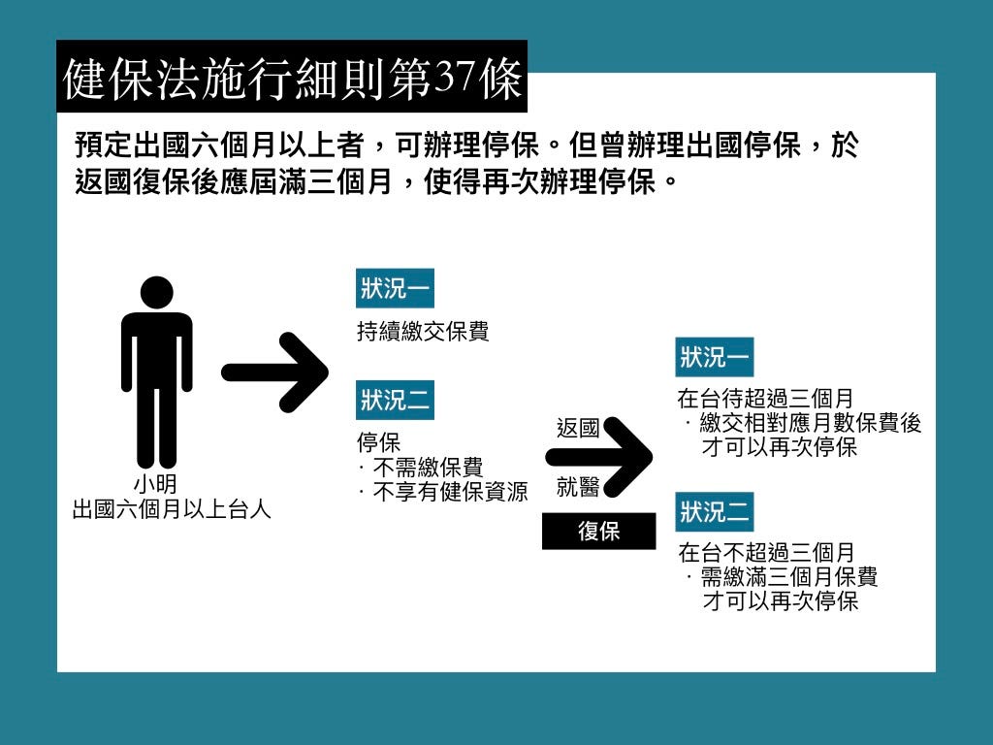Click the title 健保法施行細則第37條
pos(291,78)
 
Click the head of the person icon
pos(156,292)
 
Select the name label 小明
pos(155,484)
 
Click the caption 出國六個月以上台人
pos(172,508)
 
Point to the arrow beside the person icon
pos(274,372)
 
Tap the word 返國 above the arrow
pos(578,428)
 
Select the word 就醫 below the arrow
pos(578,486)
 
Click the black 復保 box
pos(598,531)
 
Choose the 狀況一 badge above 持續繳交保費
pos(395,288)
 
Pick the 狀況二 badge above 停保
pos(395,400)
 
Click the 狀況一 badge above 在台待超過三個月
pos(715,357)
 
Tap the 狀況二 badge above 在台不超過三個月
pos(715,511)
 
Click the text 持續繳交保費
pos(423,332)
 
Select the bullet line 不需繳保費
pos(427,468)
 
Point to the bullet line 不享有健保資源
pos(449,492)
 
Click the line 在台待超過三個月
pos(766,399)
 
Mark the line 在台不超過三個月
pos(766,553)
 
